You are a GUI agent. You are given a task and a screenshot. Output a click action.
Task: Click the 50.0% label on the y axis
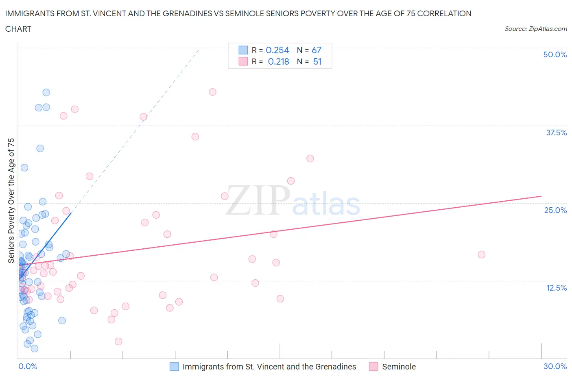(555, 54)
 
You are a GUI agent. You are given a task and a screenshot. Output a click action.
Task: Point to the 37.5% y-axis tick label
(556, 133)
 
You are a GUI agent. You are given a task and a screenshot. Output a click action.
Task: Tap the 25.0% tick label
(555, 210)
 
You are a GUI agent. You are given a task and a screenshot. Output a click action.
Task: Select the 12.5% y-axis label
(556, 288)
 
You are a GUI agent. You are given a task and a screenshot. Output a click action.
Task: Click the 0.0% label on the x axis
(28, 366)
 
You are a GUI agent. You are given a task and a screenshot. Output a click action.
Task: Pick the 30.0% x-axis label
(555, 366)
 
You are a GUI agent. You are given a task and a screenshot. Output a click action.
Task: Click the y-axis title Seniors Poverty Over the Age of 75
(11, 200)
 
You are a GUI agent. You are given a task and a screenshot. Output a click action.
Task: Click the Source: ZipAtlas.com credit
(535, 28)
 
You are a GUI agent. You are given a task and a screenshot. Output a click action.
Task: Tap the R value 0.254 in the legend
(277, 50)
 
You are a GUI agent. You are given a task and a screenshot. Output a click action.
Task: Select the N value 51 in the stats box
(317, 61)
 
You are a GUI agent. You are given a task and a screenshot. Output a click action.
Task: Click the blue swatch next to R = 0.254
(243, 50)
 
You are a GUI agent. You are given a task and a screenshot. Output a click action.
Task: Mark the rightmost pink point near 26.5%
(481, 254)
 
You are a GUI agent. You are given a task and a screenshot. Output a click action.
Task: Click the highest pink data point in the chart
(212, 92)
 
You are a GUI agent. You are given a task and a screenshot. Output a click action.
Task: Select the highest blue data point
(46, 93)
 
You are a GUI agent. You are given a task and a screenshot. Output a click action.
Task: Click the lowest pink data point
(118, 341)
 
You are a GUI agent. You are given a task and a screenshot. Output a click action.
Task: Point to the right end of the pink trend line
(541, 196)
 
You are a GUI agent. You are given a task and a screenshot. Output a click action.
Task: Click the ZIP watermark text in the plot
(258, 200)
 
